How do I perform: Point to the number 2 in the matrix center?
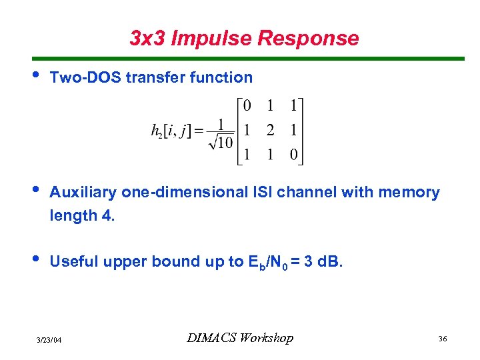click(270, 131)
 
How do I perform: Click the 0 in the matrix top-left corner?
click(247, 106)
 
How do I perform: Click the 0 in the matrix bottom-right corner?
click(293, 155)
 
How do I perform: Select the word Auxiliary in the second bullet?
click(85, 193)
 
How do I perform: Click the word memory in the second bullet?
click(409, 193)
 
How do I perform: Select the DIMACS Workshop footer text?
click(240, 338)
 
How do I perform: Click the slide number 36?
click(442, 339)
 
